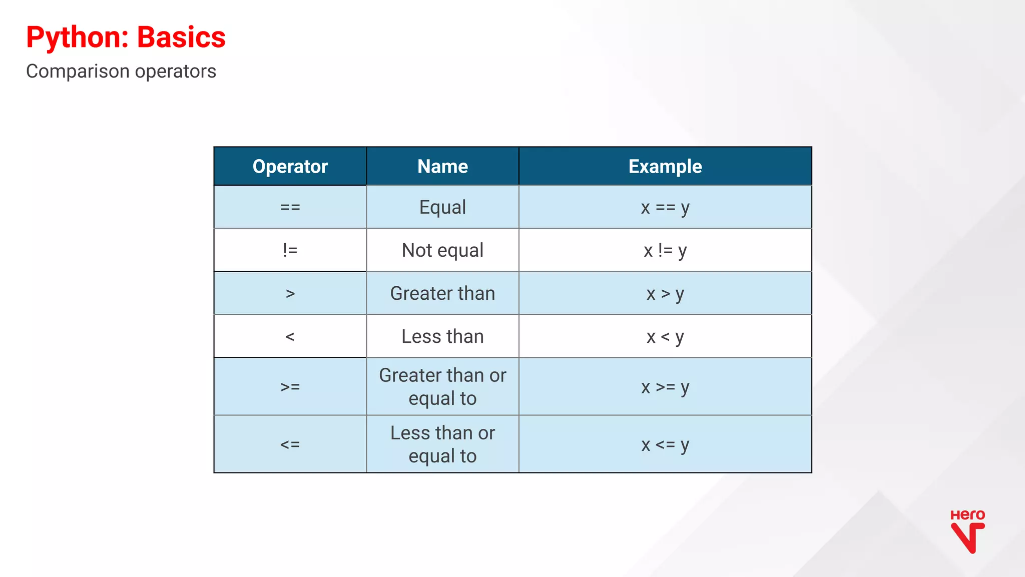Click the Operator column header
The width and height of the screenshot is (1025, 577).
[290, 166]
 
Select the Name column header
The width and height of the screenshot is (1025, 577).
[442, 166]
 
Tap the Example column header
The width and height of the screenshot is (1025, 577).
[665, 166]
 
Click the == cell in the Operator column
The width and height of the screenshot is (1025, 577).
[290, 207]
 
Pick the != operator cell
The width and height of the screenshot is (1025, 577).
[290, 250]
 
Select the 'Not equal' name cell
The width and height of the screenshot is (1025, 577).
[442, 250]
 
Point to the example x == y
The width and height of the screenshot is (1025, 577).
[665, 207]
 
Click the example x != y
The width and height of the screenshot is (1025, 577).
[665, 250]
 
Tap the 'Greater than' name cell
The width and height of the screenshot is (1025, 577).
[442, 293]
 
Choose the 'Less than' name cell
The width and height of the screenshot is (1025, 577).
[442, 336]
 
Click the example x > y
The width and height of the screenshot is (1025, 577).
[665, 293]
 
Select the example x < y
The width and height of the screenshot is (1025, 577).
[665, 336]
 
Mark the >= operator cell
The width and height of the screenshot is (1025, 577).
[290, 387]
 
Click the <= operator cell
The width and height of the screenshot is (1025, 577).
[290, 444]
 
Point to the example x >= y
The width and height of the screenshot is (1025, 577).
[665, 387]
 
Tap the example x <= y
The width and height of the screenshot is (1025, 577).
[665, 444]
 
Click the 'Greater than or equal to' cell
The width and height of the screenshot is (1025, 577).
[442, 387]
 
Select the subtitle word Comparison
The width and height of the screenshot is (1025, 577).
[78, 72]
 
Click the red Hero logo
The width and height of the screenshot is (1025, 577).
[967, 531]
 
